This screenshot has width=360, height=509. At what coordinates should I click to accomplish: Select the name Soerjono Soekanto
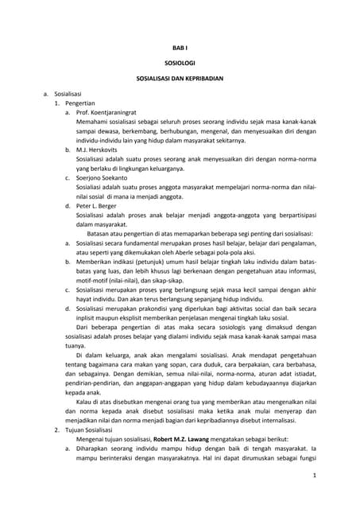pos(102,177)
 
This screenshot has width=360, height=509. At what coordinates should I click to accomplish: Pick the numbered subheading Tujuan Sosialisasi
pos(91,429)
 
